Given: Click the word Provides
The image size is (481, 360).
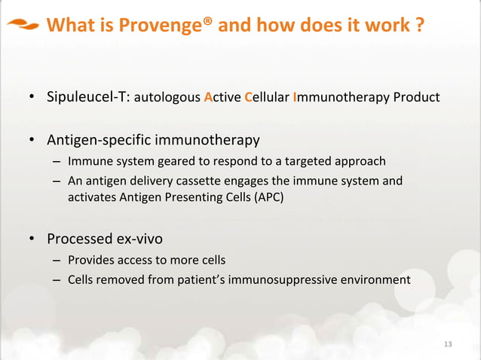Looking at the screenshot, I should point(88,261).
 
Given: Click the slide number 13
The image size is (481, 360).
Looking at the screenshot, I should point(449,345).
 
